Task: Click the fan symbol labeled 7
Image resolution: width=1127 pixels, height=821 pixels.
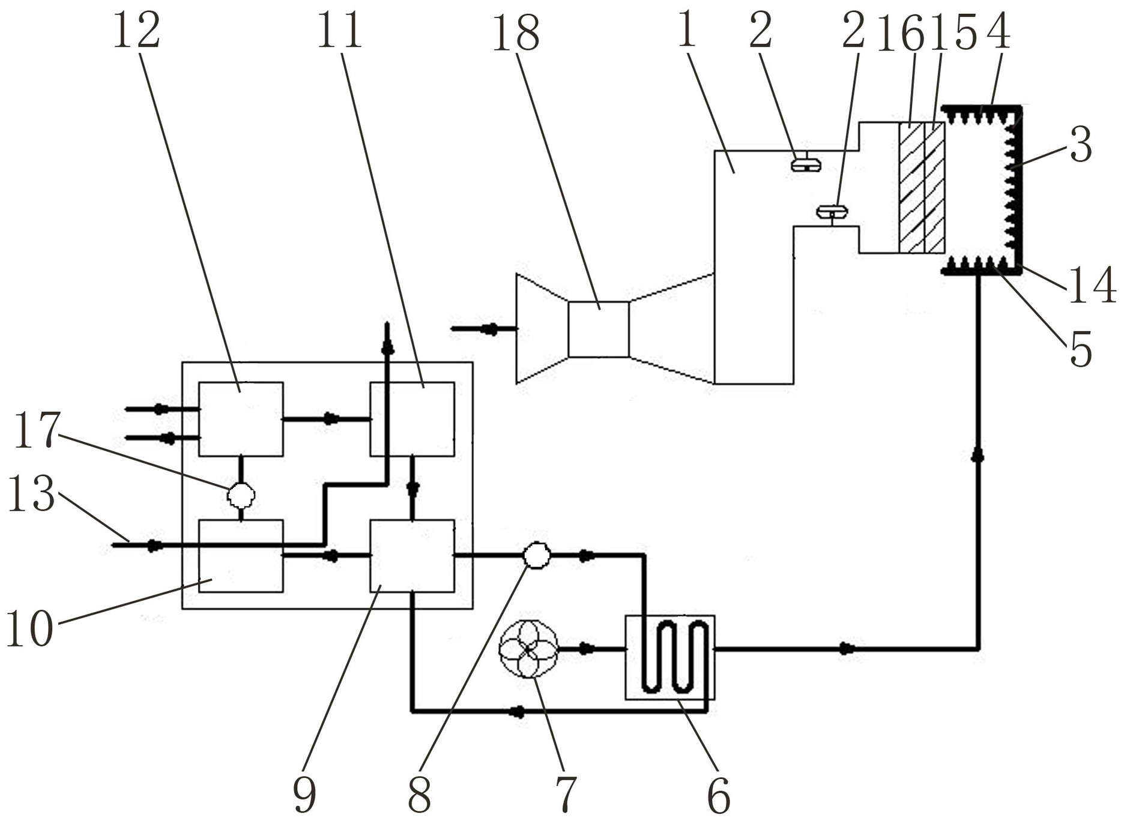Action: (528, 649)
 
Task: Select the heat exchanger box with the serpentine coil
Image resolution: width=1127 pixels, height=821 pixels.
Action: (670, 657)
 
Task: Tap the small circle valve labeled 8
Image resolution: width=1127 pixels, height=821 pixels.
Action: (536, 556)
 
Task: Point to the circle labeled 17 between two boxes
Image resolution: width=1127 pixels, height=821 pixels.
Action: (241, 495)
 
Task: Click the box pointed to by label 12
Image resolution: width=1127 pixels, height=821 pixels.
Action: (241, 419)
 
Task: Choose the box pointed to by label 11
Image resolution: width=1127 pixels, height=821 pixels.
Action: (412, 419)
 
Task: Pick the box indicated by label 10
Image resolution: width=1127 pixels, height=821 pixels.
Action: (241, 556)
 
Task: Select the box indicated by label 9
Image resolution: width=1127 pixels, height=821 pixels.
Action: (412, 556)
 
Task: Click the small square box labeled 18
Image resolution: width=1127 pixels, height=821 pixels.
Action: (599, 329)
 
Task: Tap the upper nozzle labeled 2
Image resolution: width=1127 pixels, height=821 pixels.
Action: (805, 163)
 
